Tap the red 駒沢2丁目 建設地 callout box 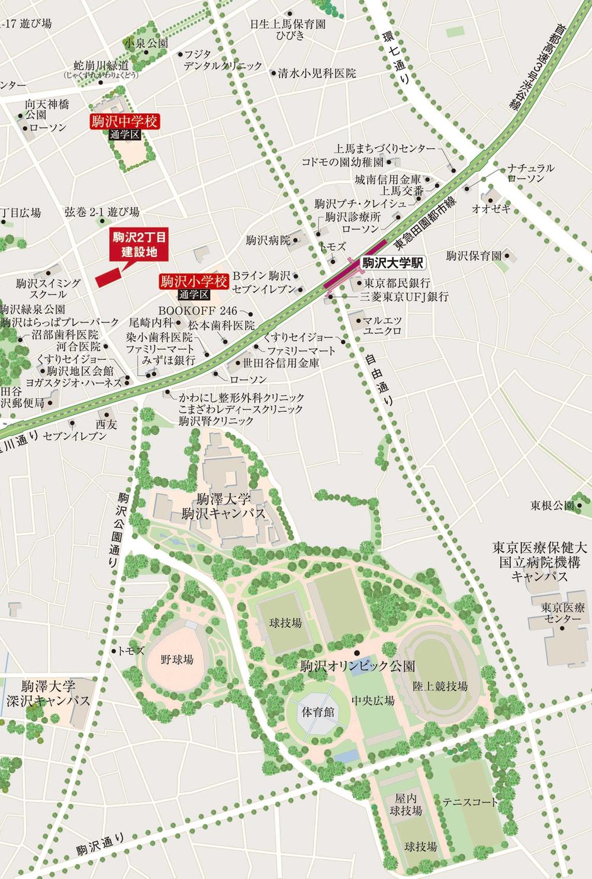140,244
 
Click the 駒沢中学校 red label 125,122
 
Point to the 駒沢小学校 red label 194,281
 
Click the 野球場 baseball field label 177,659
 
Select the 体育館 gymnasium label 318,711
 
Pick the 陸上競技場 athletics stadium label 440,686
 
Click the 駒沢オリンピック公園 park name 358,666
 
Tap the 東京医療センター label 563,613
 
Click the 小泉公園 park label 146,43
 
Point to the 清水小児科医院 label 317,73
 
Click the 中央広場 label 373,700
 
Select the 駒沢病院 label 268,240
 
